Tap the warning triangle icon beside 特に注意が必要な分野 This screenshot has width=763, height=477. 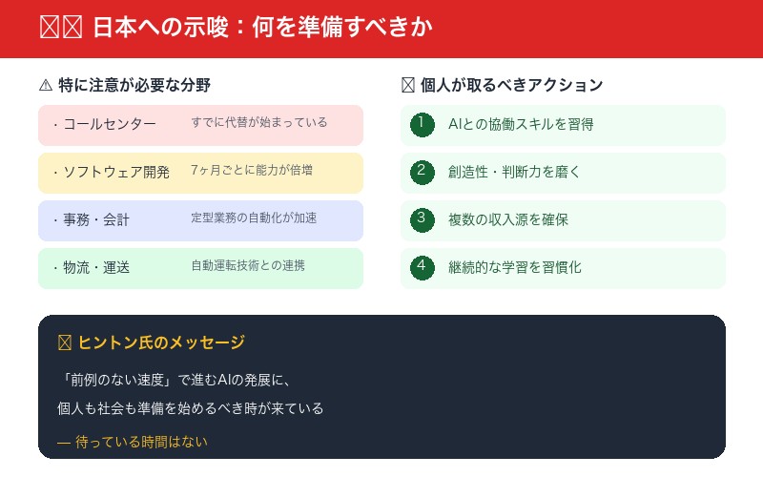click(x=46, y=85)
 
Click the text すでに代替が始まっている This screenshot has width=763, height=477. click(x=258, y=123)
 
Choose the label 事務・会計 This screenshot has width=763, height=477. click(x=96, y=220)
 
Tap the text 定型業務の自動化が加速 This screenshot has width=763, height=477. click(x=254, y=218)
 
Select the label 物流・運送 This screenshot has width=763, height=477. click(x=96, y=268)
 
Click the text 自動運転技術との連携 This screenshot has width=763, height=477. click(x=248, y=266)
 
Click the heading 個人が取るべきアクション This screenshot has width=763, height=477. click(x=511, y=85)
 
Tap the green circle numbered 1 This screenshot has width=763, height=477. click(x=422, y=124)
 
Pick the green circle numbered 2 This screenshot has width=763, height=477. click(x=422, y=172)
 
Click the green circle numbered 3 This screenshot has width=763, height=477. click(x=422, y=219)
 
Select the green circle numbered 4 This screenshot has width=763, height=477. click(x=422, y=267)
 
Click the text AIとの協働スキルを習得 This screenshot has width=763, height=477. click(x=521, y=125)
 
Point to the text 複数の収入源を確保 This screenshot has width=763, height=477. click(x=508, y=220)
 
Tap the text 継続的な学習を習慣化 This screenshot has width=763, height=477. click(x=514, y=268)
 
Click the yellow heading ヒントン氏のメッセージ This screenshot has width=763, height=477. click(x=161, y=342)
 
